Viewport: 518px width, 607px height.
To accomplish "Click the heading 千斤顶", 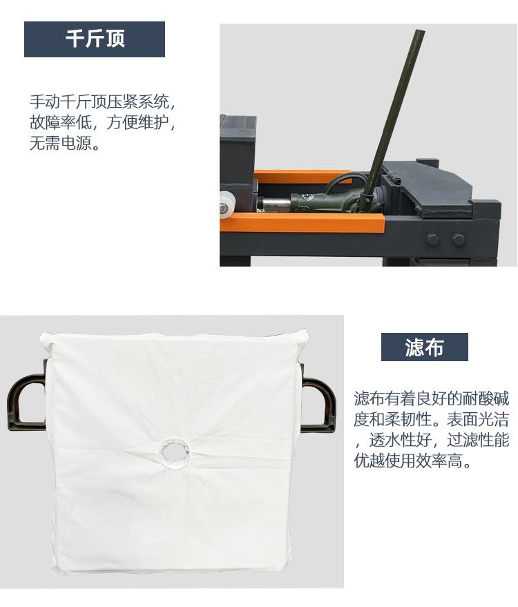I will point(95,39).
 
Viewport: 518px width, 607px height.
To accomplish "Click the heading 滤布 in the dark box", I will point(424,347).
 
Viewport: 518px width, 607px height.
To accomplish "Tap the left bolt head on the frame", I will point(432,240).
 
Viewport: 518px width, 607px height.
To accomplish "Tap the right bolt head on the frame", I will point(458,240).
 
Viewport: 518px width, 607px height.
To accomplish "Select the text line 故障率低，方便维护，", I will point(102,124).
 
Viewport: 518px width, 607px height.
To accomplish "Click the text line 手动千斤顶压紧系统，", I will point(102,102).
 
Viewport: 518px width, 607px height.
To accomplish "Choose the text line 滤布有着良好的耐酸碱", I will point(432,398).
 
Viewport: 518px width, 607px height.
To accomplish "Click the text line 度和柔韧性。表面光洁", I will point(432,419).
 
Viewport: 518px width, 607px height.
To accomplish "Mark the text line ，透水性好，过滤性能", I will point(432,441).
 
